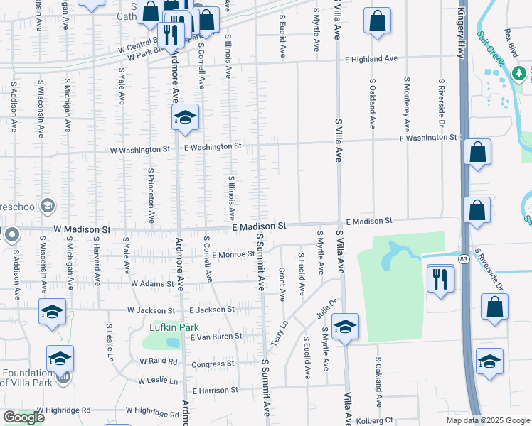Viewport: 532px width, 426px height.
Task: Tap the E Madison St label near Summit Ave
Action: (x=260, y=226)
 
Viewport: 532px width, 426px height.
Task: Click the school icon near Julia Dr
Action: (x=345, y=327)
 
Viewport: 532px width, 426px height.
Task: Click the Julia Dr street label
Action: (x=326, y=307)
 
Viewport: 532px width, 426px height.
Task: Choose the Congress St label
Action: (x=215, y=364)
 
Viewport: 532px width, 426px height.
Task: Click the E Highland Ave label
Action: (x=371, y=60)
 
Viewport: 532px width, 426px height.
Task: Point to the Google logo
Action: (x=23, y=417)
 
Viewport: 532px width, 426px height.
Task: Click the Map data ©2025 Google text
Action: (x=487, y=420)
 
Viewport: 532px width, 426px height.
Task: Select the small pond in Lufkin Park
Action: (x=172, y=342)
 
